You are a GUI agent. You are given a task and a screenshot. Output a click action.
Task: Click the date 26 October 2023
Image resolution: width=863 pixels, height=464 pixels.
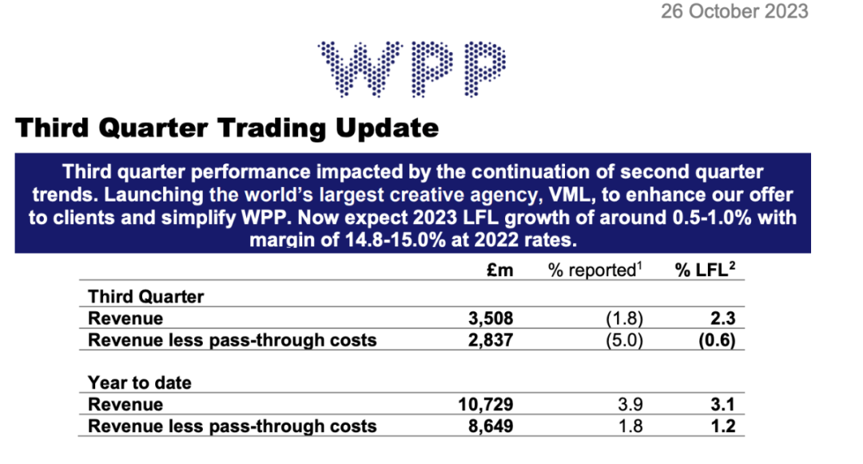coord(734,11)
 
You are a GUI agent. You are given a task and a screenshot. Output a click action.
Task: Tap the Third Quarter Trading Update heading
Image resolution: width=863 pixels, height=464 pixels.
coord(227,128)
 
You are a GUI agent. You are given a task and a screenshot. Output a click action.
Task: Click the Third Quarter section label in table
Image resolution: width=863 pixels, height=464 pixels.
coord(145,297)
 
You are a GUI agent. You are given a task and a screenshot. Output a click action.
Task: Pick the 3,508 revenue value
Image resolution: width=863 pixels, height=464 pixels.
coord(490,318)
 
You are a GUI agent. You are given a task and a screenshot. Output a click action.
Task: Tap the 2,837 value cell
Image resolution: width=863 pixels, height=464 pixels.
coord(490,340)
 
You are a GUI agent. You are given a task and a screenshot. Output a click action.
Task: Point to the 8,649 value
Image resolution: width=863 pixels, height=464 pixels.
coord(490,426)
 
